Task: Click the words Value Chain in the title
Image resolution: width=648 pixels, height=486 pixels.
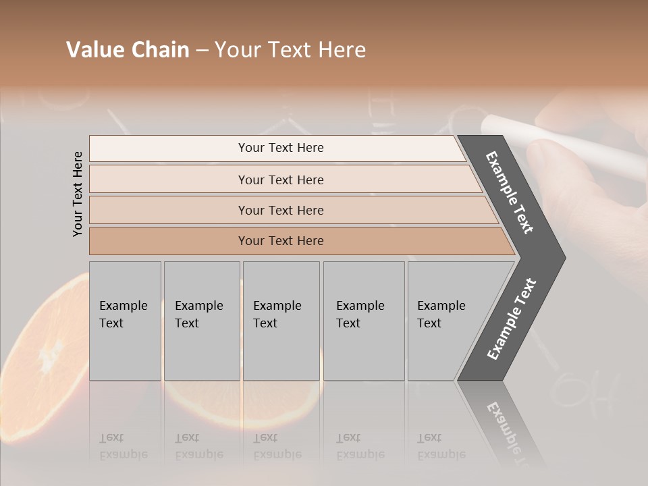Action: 128,50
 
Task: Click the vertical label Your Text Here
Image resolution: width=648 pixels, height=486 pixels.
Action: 78,194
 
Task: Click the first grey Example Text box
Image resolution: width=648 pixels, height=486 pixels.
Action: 125,321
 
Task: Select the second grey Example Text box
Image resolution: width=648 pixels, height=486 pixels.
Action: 201,321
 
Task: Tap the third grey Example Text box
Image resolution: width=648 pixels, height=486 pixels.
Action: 281,321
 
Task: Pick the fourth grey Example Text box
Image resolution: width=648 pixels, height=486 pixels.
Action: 363,321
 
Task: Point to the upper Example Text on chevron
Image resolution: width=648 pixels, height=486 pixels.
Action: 510,192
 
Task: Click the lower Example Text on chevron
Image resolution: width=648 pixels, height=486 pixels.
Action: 512,319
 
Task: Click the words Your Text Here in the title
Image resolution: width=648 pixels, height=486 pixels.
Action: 290,50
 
